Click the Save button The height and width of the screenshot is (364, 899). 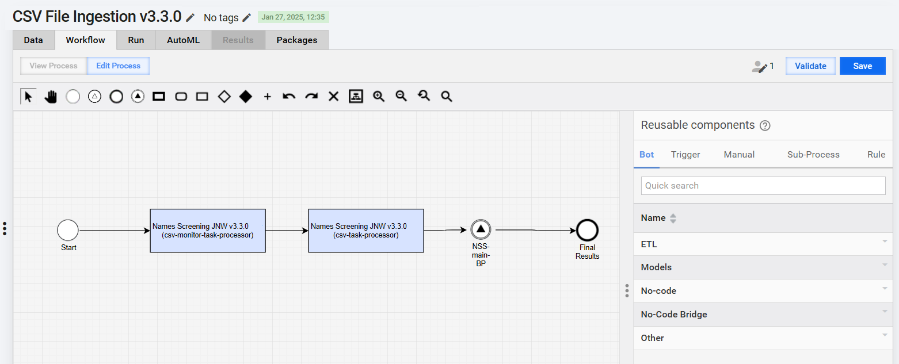click(863, 66)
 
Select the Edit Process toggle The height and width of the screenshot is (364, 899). click(118, 66)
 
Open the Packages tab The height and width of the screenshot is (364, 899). click(296, 40)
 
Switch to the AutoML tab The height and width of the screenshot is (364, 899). click(183, 40)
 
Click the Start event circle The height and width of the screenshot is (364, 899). click(68, 230)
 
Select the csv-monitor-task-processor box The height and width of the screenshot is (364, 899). click(208, 231)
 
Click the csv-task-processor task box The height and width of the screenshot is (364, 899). click(366, 231)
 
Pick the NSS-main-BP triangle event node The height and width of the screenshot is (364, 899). click(481, 229)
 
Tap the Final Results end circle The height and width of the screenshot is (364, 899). click(587, 230)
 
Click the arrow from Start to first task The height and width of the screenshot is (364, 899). click(115, 231)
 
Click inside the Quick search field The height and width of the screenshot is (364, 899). click(763, 186)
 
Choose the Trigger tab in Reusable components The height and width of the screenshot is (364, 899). click(685, 155)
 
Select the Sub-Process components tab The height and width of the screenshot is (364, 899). click(813, 155)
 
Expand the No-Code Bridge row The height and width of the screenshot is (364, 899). click(763, 315)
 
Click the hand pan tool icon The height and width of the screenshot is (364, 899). click(51, 97)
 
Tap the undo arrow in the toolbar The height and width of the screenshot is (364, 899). click(289, 96)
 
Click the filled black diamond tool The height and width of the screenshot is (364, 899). click(246, 96)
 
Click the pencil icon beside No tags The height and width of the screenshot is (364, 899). click(247, 17)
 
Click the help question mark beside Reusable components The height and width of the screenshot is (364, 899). click(765, 125)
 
